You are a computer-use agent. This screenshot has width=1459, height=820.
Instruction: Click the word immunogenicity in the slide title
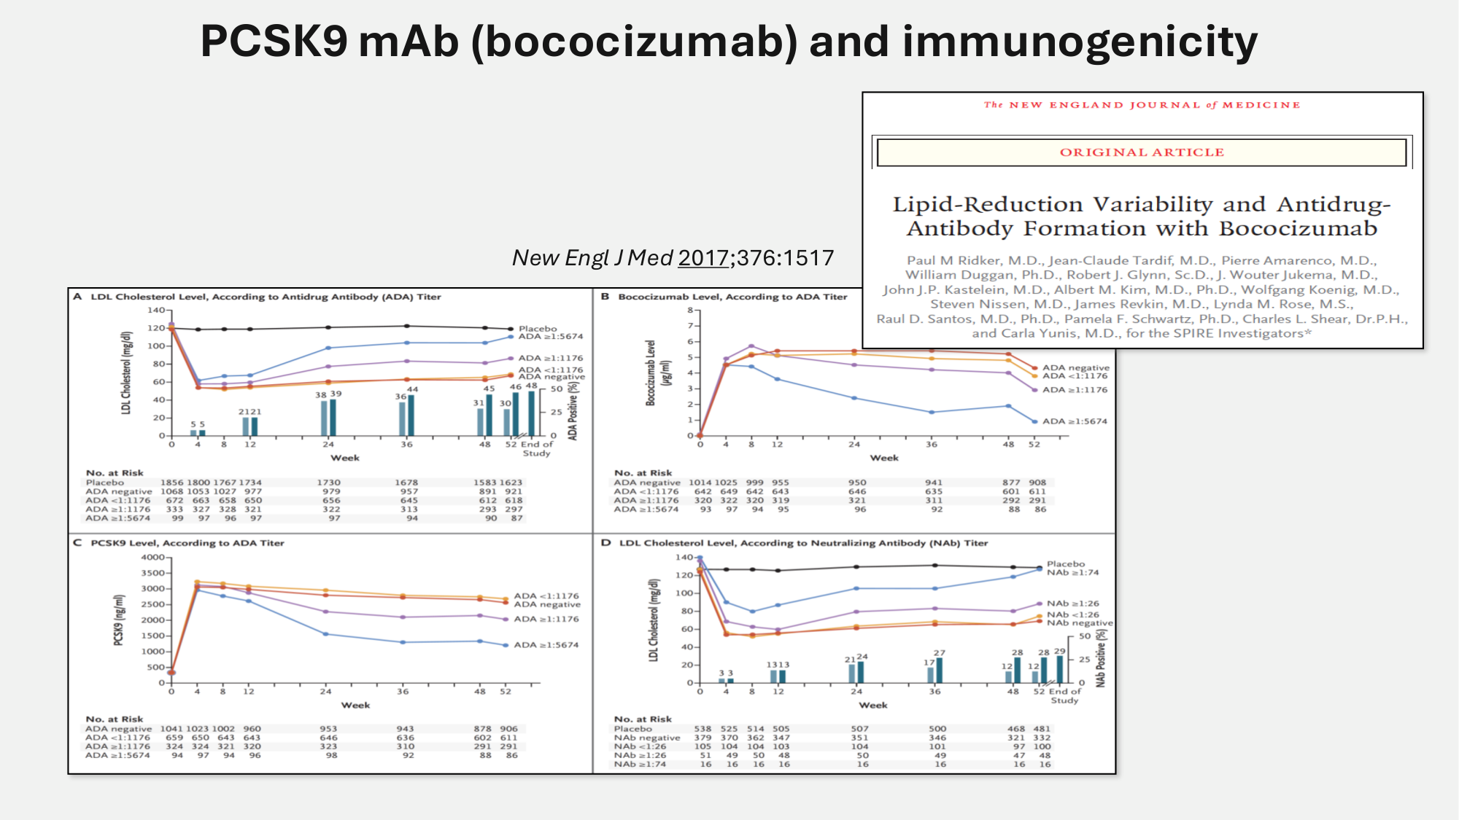pos(1080,42)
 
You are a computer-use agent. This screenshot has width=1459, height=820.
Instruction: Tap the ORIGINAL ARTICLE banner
pos(1142,152)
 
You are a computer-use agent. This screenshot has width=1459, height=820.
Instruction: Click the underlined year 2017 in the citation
pos(703,258)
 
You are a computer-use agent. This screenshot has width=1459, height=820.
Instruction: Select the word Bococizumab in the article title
pos(1298,229)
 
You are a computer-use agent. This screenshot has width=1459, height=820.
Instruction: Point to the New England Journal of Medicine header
pos(1142,105)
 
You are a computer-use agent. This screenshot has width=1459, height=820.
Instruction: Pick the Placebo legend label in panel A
pos(538,329)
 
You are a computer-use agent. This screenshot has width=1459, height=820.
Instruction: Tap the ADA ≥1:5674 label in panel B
pos(1075,421)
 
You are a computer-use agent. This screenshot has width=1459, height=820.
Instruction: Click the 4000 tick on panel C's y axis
pos(152,558)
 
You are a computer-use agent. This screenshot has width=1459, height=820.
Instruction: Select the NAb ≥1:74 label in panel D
pos(1072,573)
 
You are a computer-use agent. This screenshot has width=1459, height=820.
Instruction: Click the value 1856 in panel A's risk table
pos(172,483)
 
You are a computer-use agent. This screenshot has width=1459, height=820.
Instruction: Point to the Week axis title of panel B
pos(884,458)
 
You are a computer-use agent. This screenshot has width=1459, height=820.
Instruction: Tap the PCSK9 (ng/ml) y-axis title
pos(118,620)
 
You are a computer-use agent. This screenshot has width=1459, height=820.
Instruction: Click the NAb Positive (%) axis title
pos(1101,658)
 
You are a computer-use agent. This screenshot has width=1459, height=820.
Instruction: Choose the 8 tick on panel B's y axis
pos(689,311)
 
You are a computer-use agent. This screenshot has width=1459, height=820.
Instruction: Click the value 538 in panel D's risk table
pos(703,729)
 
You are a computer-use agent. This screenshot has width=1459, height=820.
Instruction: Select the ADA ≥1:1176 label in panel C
pos(546,620)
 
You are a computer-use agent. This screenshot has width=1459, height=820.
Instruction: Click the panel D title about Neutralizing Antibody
pos(803,543)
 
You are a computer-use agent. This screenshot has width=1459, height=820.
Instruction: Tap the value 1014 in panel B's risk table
pos(700,483)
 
